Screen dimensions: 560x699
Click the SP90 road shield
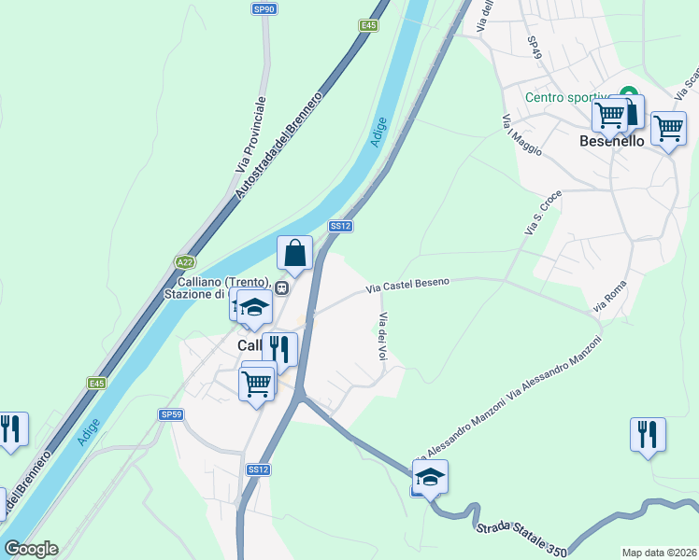point(264,8)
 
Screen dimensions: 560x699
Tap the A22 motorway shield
point(184,262)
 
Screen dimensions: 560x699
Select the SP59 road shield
point(169,413)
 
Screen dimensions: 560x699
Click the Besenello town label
point(612,141)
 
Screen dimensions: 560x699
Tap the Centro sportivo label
point(566,97)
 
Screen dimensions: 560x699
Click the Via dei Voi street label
point(382,336)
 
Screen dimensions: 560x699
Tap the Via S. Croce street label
point(543,213)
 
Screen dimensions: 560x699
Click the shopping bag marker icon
point(294,253)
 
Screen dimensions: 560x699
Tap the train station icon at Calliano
point(280,287)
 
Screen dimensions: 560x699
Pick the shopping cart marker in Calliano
point(257,383)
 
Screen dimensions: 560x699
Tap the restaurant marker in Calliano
point(279,350)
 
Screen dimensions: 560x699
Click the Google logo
point(30,549)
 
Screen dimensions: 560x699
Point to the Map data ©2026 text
point(659,553)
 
